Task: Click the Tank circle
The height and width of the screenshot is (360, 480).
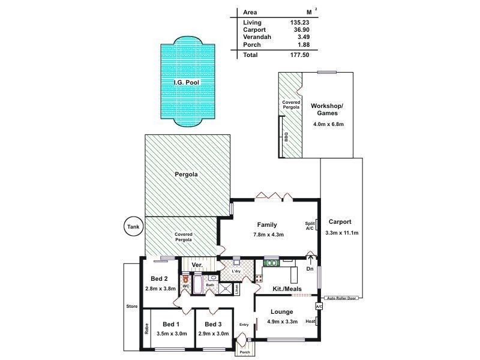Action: point(132,226)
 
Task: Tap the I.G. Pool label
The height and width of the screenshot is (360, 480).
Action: point(186,82)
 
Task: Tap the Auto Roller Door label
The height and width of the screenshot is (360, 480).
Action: point(342,298)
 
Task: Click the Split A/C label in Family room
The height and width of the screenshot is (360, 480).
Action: point(310,225)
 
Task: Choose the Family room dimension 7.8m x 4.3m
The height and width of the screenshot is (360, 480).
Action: point(268,235)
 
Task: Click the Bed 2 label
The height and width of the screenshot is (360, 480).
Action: point(159,278)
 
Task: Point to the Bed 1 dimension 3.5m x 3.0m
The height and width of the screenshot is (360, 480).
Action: point(172,334)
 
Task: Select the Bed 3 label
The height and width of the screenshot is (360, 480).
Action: point(213,325)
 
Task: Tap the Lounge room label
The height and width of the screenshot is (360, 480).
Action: point(282,311)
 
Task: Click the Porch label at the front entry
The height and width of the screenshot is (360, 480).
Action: point(244,352)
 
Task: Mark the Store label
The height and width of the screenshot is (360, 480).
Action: point(132,307)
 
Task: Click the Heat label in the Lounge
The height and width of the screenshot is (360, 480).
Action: point(310,322)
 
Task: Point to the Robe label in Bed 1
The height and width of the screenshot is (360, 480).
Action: point(146,329)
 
